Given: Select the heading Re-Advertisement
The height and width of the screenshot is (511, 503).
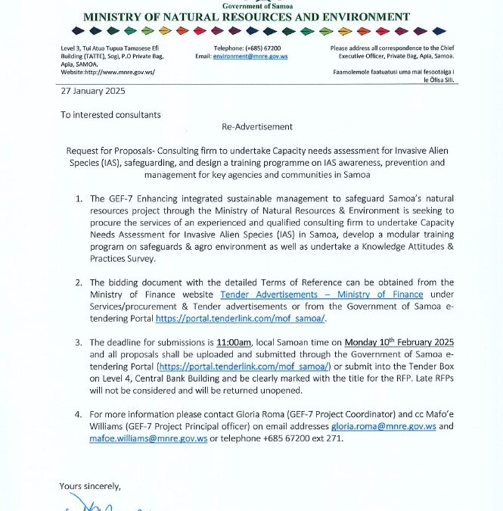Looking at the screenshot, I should tap(256, 126).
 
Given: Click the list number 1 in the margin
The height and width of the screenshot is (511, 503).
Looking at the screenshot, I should tap(79, 198).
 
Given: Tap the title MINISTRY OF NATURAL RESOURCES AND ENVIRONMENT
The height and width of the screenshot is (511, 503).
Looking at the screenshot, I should tap(247, 17).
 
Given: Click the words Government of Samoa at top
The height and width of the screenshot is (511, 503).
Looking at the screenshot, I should tap(246, 5).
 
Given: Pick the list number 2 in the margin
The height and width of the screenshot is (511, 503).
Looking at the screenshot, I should tap(79, 282).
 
